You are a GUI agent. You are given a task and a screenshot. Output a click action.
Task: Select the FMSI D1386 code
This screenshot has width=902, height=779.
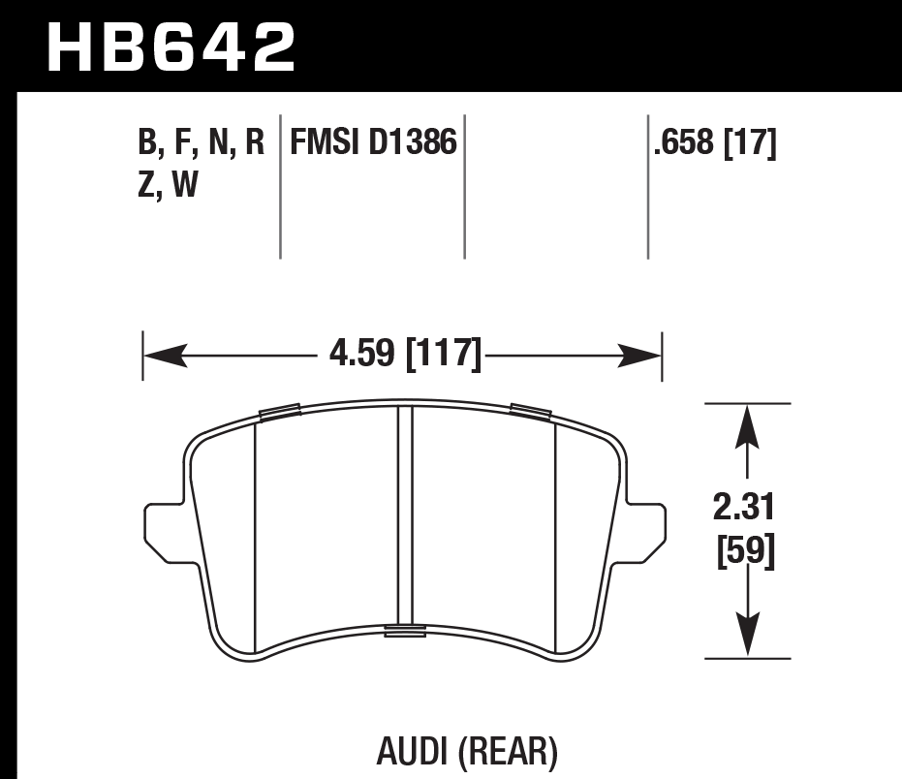[x=368, y=143]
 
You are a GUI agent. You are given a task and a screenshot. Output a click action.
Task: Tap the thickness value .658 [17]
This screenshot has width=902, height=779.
[x=715, y=143]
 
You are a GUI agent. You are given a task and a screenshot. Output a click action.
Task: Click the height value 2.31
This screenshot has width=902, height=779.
[x=744, y=506]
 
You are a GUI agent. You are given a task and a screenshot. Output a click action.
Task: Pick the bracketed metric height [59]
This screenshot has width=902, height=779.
[x=744, y=553]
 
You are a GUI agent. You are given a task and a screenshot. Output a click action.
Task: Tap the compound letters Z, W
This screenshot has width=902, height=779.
[x=169, y=184]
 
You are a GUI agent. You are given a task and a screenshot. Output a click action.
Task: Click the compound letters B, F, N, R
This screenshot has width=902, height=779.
[x=202, y=143]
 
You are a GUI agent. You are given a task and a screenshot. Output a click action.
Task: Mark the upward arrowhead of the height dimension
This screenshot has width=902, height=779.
[x=745, y=424]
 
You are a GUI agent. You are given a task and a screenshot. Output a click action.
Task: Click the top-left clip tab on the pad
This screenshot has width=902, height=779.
[x=280, y=413]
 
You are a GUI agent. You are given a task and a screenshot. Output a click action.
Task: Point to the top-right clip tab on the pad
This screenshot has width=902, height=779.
[x=530, y=412]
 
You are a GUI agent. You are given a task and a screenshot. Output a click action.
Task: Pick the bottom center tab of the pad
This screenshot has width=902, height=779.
[x=405, y=632]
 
